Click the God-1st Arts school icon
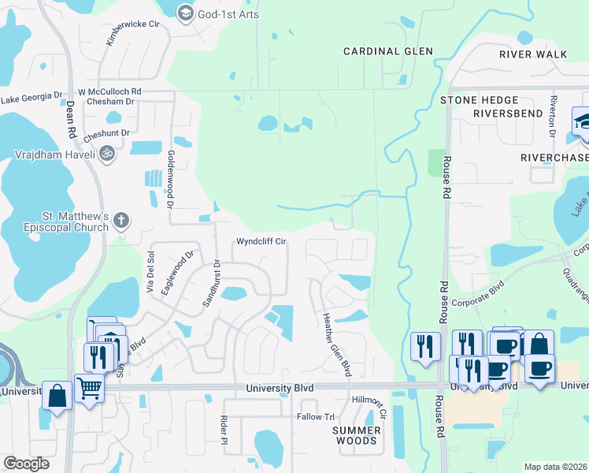coord(186,13)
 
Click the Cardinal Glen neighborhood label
coord(388,51)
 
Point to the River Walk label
coord(533,54)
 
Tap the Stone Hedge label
coord(479,100)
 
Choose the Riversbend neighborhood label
coord(508,114)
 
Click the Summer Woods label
coord(357,435)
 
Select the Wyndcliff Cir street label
coord(261,242)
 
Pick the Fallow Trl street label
coord(316,416)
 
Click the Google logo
coord(26,464)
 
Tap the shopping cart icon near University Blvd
coord(90,388)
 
